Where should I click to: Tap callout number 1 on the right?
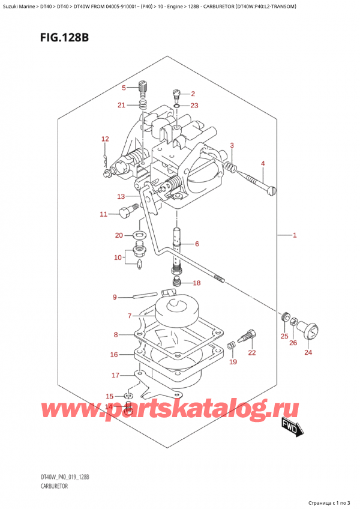[295, 235]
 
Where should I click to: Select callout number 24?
[308, 353]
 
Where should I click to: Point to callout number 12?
[105, 139]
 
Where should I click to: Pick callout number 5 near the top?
[124, 88]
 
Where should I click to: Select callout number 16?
[114, 355]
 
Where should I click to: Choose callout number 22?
[252, 352]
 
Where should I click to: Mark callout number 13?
[121, 196]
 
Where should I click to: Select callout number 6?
[196, 244]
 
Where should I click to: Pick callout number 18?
[197, 283]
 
